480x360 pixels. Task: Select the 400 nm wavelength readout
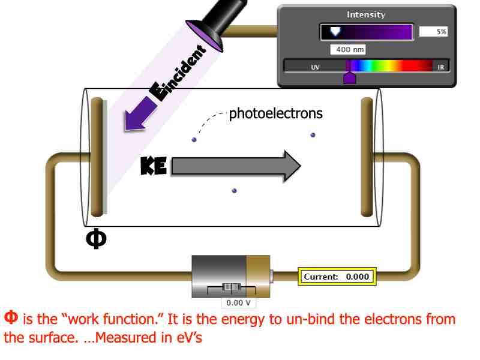coord(348,50)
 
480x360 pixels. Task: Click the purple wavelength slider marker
coord(349,75)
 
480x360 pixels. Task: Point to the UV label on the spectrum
coord(315,67)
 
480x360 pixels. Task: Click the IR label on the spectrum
coord(441,67)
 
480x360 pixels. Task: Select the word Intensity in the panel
coord(366,14)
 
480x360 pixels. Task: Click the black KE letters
coord(154,166)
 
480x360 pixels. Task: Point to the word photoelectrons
coord(275,113)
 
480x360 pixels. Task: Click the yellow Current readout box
coord(337,277)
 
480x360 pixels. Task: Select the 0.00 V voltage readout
coord(238,303)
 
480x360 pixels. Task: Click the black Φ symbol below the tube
coord(97,238)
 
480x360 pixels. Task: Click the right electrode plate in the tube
coord(367,157)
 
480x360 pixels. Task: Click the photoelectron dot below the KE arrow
coord(234,191)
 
